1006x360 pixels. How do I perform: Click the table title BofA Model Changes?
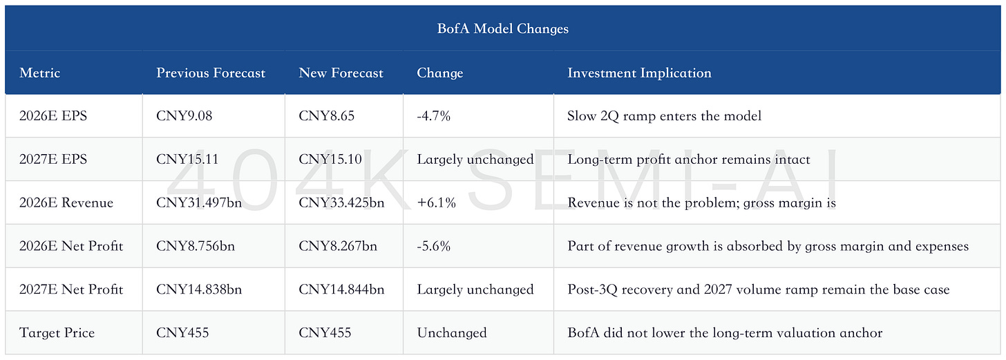[502, 29]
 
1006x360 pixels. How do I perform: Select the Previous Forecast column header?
[211, 73]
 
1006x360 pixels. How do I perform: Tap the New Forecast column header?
[341, 73]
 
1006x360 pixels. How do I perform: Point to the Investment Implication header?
[639, 73]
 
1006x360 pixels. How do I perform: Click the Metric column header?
[39, 73]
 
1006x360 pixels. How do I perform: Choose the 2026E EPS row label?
[53, 116]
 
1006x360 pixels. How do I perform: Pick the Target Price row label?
[57, 332]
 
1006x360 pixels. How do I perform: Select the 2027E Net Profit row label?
[71, 290]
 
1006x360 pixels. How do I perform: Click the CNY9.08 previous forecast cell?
[184, 116]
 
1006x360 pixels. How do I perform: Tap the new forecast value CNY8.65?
[327, 116]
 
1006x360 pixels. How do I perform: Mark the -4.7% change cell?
[433, 116]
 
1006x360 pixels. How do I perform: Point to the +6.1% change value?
[436, 203]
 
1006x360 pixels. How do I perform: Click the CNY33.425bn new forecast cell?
[341, 203]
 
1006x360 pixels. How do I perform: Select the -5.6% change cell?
[433, 246]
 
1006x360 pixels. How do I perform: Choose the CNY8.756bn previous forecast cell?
[196, 246]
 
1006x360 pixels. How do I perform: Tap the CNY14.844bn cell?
[341, 290]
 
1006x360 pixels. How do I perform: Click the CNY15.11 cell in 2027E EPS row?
[187, 160]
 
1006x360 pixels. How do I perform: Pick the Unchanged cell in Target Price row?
[452, 332]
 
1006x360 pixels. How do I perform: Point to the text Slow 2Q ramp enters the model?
[664, 116]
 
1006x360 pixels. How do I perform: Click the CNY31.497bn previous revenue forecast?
[199, 203]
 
